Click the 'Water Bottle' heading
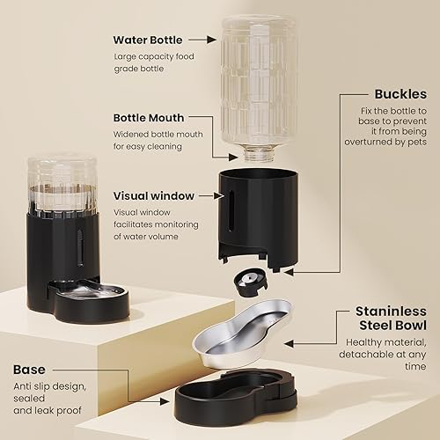[147, 39]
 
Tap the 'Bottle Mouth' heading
[147, 117]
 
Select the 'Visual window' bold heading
[151, 195]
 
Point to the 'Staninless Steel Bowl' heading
[391, 319]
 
